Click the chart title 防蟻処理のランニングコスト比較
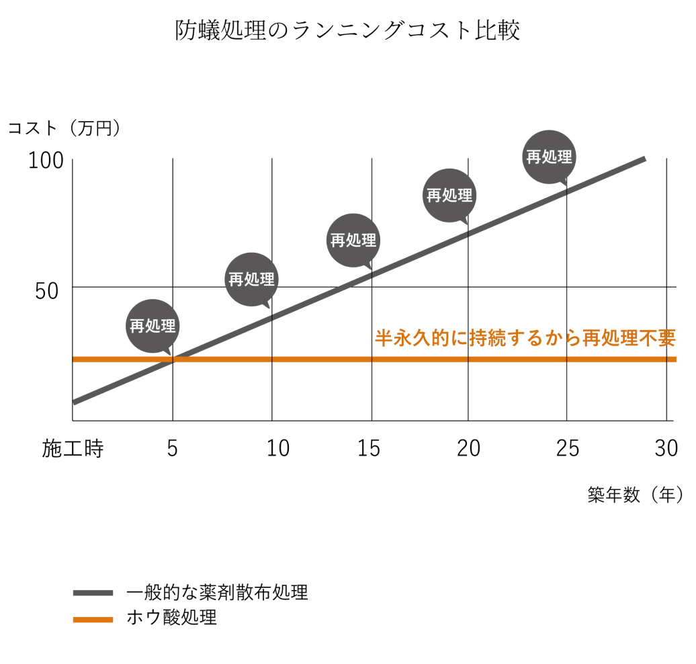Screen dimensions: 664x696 point(347,31)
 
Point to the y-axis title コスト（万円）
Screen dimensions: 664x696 point(64,128)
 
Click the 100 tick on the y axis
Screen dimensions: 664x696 point(46,161)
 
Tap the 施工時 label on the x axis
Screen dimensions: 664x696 point(73,449)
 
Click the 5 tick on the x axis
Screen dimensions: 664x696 point(173,449)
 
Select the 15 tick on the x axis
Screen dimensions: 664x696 point(369,449)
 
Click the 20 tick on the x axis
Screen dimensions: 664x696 point(468,449)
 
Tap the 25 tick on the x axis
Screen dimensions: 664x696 point(567,449)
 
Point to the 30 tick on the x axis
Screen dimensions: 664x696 point(666,449)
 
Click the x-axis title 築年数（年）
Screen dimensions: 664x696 point(634,495)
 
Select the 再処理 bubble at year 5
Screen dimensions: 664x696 point(153,326)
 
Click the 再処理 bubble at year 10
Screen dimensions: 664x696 point(251,280)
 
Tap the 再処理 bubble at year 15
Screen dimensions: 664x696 point(353,240)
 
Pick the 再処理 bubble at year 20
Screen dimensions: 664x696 point(449,195)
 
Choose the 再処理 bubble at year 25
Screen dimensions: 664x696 point(549,157)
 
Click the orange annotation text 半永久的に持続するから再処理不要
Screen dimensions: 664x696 point(525,338)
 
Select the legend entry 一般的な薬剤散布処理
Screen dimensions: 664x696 point(217,592)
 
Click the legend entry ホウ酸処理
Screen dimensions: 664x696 point(171,618)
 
